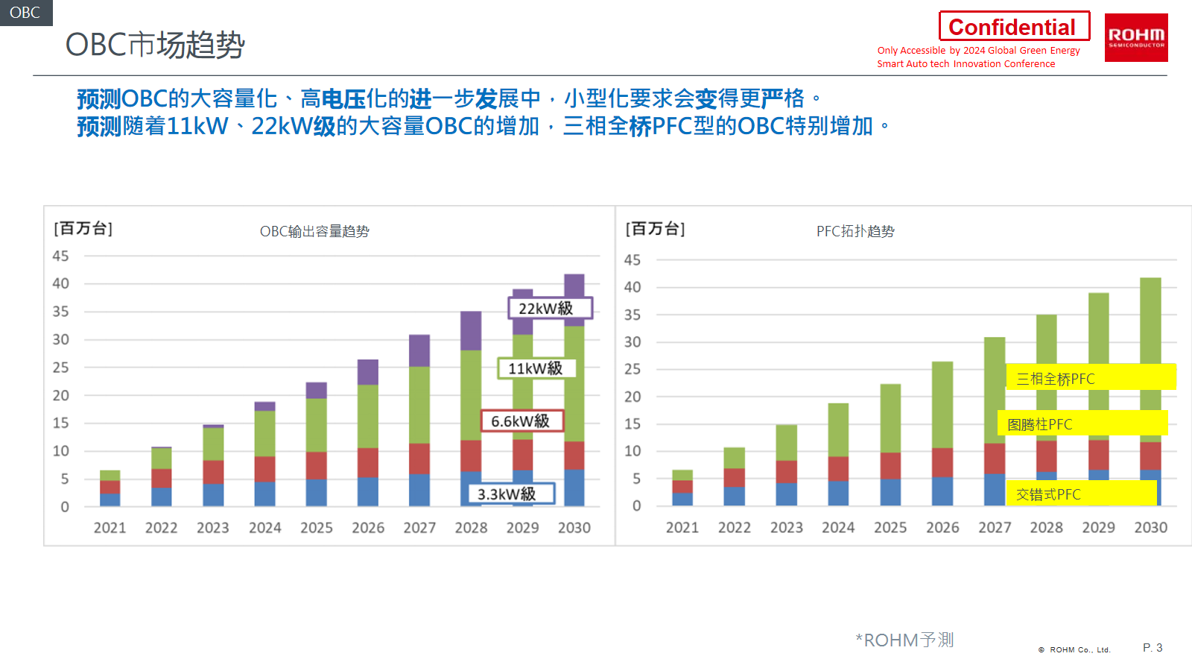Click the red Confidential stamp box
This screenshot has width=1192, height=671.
click(1014, 27)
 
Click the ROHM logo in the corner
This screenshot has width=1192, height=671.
click(1136, 37)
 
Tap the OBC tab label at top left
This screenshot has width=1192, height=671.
click(25, 13)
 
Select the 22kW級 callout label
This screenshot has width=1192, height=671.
click(550, 308)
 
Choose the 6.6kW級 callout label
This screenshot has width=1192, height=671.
click(521, 421)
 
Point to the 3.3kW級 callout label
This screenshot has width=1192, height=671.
click(511, 494)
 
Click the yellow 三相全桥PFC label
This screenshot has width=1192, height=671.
click(1091, 377)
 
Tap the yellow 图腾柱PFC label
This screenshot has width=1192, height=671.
click(1082, 423)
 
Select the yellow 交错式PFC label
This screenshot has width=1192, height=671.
click(1082, 494)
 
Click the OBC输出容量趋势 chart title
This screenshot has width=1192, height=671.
click(314, 231)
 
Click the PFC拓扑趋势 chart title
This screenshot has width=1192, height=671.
click(855, 231)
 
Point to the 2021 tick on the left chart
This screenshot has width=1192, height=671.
click(110, 528)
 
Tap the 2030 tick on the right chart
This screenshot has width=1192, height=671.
click(1150, 528)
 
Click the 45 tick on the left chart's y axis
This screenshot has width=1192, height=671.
click(60, 256)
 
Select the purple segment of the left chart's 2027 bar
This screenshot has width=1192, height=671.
click(419, 350)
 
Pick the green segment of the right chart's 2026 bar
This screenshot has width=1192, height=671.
click(942, 404)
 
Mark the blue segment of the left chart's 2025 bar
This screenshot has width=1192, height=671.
click(316, 493)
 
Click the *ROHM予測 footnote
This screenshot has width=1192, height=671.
click(904, 640)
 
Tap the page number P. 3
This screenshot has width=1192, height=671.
click(1153, 648)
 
